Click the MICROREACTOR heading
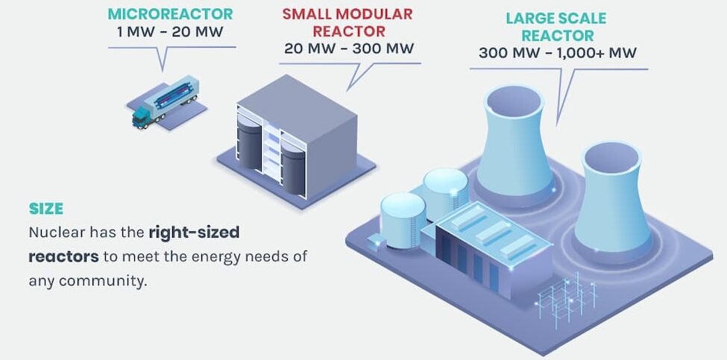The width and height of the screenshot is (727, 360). pos(170,14)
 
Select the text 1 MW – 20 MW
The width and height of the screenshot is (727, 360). pos(170,32)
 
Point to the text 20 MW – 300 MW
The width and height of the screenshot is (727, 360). pos(349,48)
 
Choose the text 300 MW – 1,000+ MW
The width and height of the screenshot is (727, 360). pos(557,53)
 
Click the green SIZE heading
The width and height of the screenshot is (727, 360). pos(46,209)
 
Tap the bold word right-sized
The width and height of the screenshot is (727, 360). pos(194,232)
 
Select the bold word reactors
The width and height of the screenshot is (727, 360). pos(63,256)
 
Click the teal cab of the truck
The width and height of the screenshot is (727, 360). pos(142,117)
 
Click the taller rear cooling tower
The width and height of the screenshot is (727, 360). pos(515,144)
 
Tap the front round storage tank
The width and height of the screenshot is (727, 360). pos(403,220)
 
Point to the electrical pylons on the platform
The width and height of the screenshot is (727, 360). pos(566,299)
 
